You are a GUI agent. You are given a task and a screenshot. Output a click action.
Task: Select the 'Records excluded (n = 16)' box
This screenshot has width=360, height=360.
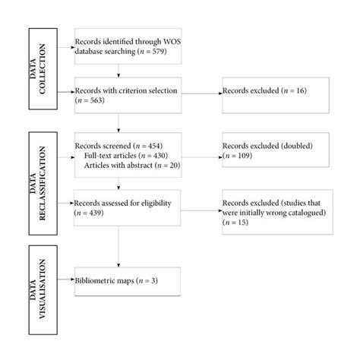270,92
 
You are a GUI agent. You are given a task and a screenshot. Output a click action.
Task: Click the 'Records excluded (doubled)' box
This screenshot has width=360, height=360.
270,152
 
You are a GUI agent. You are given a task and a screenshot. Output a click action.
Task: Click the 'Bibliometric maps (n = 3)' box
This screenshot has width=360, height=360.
127,280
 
